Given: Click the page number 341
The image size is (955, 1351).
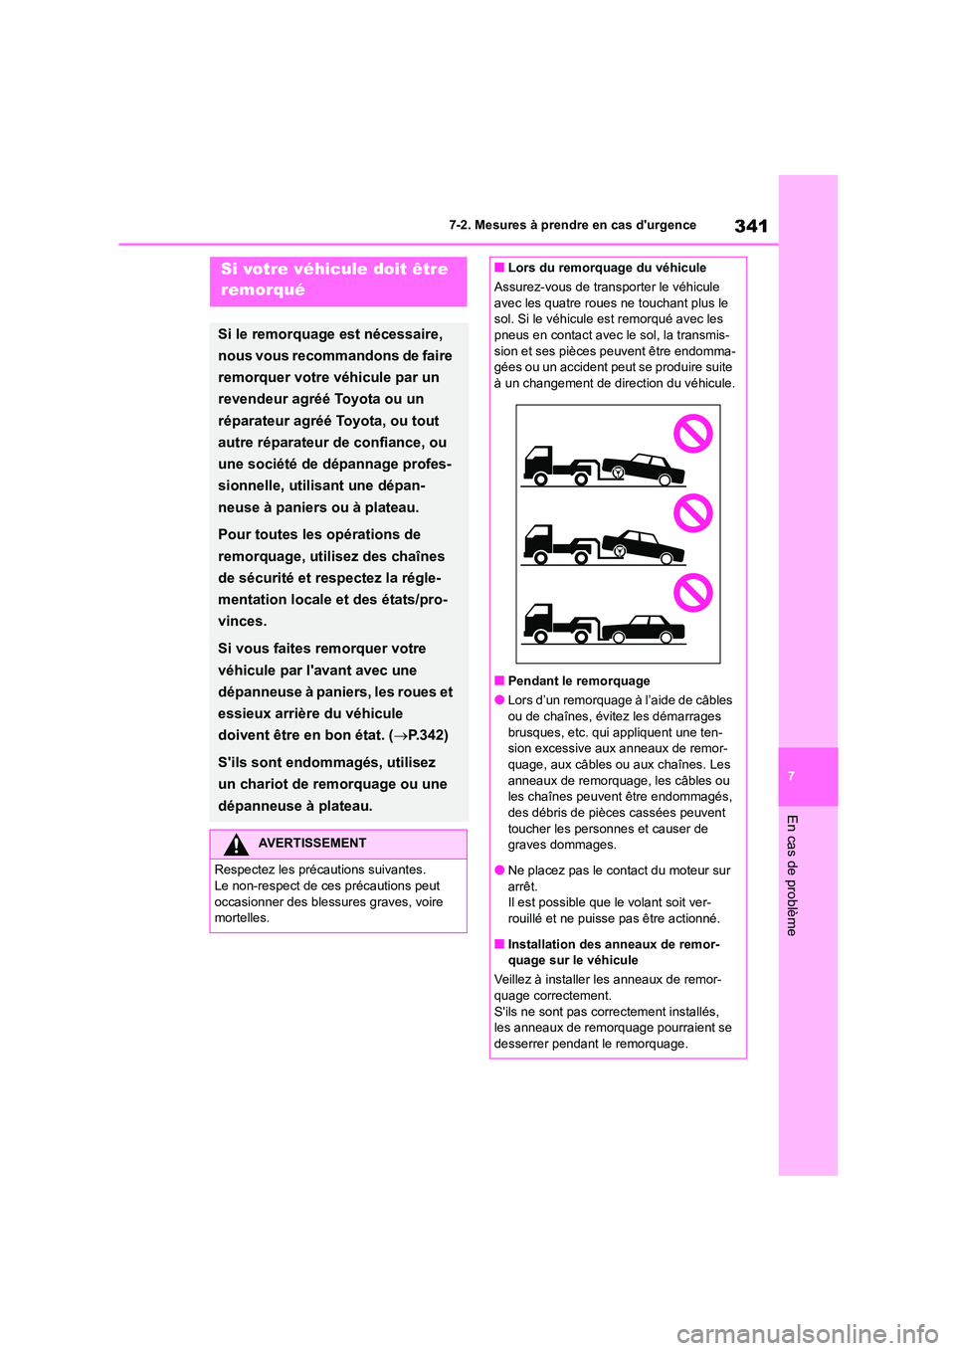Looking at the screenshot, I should [751, 226].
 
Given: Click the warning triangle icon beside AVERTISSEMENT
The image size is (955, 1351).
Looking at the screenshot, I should [236, 845].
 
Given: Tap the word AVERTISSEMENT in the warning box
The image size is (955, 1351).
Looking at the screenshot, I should [312, 843].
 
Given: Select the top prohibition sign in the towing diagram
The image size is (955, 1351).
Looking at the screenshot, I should [693, 434].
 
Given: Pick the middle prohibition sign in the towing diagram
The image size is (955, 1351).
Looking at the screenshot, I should [693, 513].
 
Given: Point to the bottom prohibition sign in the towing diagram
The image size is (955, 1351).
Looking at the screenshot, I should [693, 593].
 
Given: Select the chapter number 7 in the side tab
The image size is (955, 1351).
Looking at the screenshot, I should [792, 776].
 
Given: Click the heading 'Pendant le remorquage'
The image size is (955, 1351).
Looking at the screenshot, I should [578, 681].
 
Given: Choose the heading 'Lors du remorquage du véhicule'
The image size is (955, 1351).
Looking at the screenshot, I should [607, 268].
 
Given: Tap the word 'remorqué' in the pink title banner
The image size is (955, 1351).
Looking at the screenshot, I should [263, 290].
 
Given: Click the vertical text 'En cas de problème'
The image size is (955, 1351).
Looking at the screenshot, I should [792, 874].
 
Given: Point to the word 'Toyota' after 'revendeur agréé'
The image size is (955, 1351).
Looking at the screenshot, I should [357, 399].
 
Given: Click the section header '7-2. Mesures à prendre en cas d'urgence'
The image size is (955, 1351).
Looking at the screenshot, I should [572, 225].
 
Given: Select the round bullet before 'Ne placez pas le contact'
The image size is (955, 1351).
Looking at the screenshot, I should [499, 869].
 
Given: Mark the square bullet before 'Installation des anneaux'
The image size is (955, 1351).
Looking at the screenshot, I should [499, 944].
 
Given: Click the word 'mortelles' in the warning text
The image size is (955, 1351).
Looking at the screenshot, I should [241, 918].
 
